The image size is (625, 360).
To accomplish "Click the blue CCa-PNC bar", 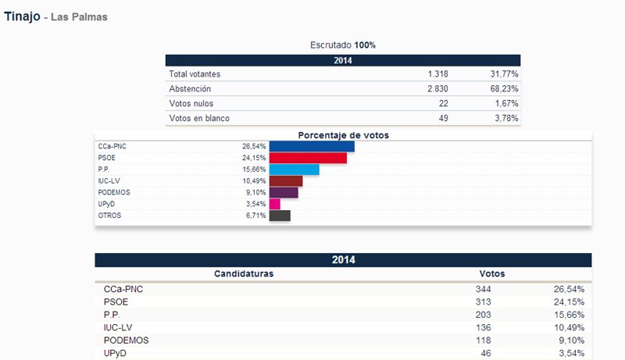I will click(312, 146).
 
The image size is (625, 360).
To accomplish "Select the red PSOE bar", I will click(308, 158).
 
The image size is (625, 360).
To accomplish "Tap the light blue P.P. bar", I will click(294, 169).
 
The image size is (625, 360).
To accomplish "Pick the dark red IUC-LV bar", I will click(285, 181).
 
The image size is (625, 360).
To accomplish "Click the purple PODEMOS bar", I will click(284, 193).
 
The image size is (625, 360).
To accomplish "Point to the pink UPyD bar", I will click(274, 205).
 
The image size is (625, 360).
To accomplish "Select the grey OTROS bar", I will click(280, 216).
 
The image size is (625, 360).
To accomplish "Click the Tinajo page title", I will click(22, 16).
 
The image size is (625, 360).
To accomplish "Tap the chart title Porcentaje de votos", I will click(343, 135).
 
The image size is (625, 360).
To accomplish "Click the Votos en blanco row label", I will click(199, 119).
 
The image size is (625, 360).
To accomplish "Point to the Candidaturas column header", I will click(243, 274).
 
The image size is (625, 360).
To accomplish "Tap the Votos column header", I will click(491, 274).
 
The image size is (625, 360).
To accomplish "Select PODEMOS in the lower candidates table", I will click(126, 340).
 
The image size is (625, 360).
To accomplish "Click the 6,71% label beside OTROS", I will click(255, 216).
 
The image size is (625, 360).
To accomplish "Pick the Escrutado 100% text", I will click(343, 45).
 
